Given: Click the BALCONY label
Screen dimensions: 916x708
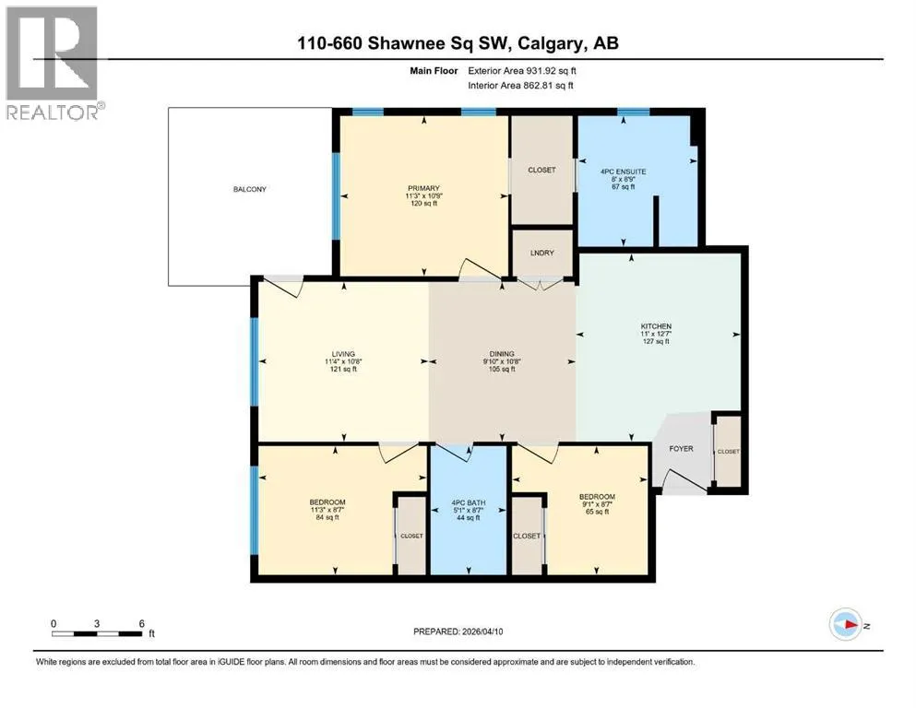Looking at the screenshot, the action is [x=249, y=189].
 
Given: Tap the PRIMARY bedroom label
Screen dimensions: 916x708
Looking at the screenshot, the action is [x=423, y=188].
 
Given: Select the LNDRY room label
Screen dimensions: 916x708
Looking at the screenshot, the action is [x=541, y=253].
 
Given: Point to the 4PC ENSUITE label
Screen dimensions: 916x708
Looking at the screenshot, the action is [x=624, y=171].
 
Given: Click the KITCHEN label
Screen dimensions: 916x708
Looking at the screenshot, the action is [x=656, y=326].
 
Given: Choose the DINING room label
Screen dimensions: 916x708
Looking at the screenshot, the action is [x=502, y=354].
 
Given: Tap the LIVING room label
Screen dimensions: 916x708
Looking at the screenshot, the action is [x=343, y=354].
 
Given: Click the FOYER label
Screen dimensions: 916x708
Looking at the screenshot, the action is [x=681, y=448].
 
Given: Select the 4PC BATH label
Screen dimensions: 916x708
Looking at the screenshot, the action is [x=469, y=502].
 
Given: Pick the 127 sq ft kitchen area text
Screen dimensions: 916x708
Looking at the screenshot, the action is [x=656, y=341].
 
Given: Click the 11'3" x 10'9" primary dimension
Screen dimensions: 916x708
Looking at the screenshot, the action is [x=423, y=196].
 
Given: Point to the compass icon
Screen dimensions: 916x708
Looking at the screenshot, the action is [x=846, y=624].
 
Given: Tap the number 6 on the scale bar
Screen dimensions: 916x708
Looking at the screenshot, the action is [x=141, y=623].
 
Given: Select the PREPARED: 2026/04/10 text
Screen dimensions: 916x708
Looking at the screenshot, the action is [x=458, y=631].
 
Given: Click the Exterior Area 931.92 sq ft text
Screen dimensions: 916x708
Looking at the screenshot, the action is [x=522, y=71].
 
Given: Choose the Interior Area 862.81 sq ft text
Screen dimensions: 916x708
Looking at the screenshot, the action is [x=520, y=85].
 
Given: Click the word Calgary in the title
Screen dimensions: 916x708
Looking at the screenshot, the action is [x=551, y=43].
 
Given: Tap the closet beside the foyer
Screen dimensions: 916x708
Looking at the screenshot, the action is [x=728, y=451].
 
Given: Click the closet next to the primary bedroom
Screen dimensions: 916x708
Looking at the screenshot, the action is [x=541, y=170].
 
